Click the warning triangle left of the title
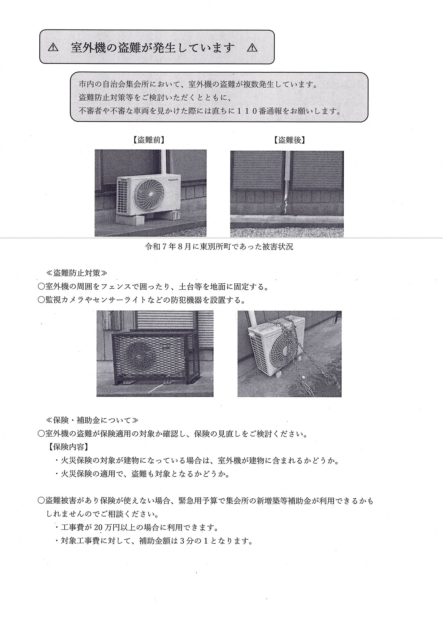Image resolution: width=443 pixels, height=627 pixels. coord(53,48)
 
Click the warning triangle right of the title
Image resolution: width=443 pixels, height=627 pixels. coord(252,48)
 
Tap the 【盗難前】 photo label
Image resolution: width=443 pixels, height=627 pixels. coord(149,140)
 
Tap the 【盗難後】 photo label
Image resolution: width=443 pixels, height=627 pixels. coord(290,140)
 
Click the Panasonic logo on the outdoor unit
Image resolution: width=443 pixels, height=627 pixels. coord(171,180)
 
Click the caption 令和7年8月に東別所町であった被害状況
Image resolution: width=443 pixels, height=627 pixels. coord(219,247)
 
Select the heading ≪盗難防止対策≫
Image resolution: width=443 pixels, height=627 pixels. coord(77,273)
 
